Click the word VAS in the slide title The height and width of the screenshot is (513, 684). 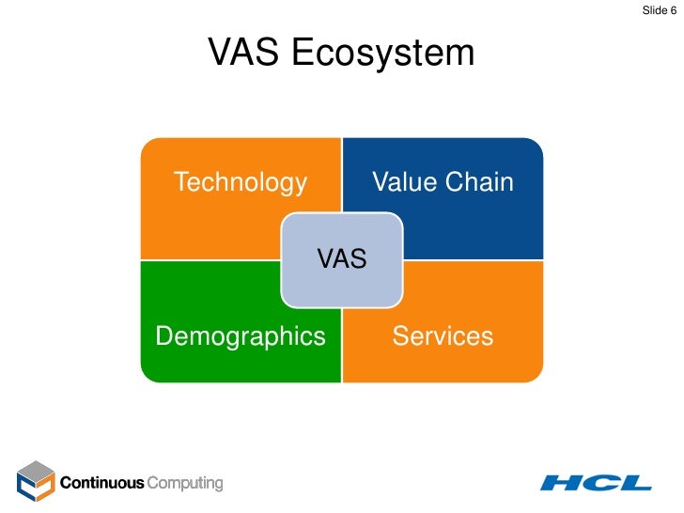point(244,54)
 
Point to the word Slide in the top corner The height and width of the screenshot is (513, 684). point(655,10)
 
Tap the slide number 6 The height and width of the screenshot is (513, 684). point(673,10)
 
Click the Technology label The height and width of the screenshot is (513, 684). point(241,182)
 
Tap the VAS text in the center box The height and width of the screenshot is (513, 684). point(342,259)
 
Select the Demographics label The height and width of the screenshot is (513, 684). point(241,336)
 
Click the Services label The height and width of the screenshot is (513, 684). point(443,336)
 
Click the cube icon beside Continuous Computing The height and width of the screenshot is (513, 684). point(36,482)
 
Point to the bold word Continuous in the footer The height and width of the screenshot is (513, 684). point(102,484)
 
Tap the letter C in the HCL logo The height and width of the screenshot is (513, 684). point(601,483)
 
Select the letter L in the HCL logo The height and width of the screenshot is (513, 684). point(636,483)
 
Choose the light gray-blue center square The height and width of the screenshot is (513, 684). point(342,282)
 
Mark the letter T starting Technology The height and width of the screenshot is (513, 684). point(179,182)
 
